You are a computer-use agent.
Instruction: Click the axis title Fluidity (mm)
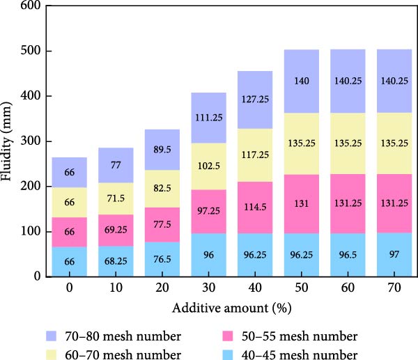click(10, 141)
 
